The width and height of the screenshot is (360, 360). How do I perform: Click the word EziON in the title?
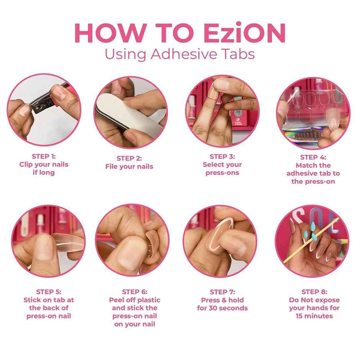coord(245,33)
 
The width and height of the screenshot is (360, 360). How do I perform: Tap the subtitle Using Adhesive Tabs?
coord(180,54)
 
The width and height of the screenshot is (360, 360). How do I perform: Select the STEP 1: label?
coord(44,156)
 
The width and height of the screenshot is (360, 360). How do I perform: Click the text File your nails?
coord(129,167)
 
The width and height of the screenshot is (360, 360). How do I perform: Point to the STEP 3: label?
coord(222,157)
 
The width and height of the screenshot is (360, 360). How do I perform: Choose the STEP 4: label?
coord(313,157)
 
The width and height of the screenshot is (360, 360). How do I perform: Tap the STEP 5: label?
coord(49,292)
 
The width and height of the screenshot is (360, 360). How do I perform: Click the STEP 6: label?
coord(134,292)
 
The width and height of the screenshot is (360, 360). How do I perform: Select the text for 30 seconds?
coord(222,308)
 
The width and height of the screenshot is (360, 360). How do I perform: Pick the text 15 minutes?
coord(314,316)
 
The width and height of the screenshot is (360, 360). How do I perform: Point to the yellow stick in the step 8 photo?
coord(311,240)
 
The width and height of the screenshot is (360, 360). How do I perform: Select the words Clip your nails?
coord(44,164)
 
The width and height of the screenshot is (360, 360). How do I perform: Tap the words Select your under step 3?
coord(222,165)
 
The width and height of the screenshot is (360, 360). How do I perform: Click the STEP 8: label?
coord(314,292)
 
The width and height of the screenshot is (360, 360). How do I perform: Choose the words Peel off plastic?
coord(134,300)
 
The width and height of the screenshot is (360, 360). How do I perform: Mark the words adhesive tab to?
coord(313,173)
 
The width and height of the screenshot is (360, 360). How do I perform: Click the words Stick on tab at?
coord(49,300)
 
